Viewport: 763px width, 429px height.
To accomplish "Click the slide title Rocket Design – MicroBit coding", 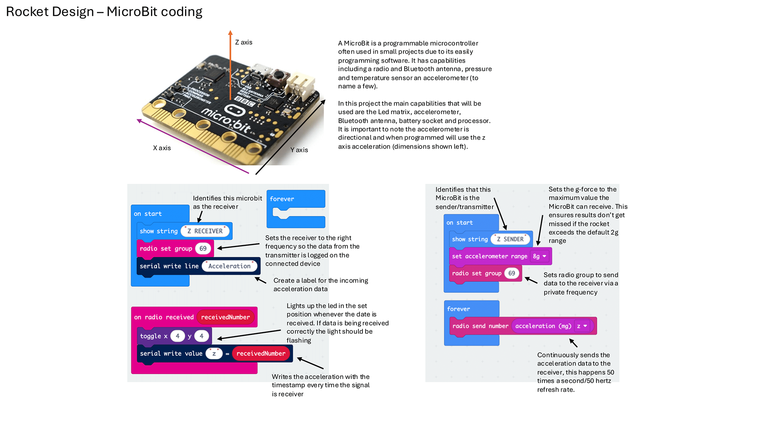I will click(x=104, y=12).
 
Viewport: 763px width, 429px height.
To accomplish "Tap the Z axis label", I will click(x=244, y=42).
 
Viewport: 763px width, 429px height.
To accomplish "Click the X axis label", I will click(x=162, y=148).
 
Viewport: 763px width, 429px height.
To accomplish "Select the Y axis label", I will click(x=299, y=150).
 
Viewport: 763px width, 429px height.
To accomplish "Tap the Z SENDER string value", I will click(x=510, y=239).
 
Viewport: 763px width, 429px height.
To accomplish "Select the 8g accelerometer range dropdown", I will click(x=540, y=256).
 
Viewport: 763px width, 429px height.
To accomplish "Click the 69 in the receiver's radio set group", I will click(x=203, y=249).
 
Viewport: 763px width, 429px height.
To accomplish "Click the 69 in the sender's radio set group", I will click(x=511, y=273).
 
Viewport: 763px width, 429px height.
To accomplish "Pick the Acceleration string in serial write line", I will click(x=229, y=266).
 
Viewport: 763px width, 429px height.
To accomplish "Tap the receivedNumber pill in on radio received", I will click(x=225, y=317).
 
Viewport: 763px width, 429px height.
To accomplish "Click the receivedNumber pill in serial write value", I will click(x=261, y=354).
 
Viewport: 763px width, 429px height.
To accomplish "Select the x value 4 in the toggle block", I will click(x=177, y=336).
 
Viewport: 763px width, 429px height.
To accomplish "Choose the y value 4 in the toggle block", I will click(x=201, y=336).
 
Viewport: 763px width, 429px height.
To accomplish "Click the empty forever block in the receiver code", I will click(x=296, y=199).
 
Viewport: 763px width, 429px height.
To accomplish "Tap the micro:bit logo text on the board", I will click(x=227, y=119).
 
